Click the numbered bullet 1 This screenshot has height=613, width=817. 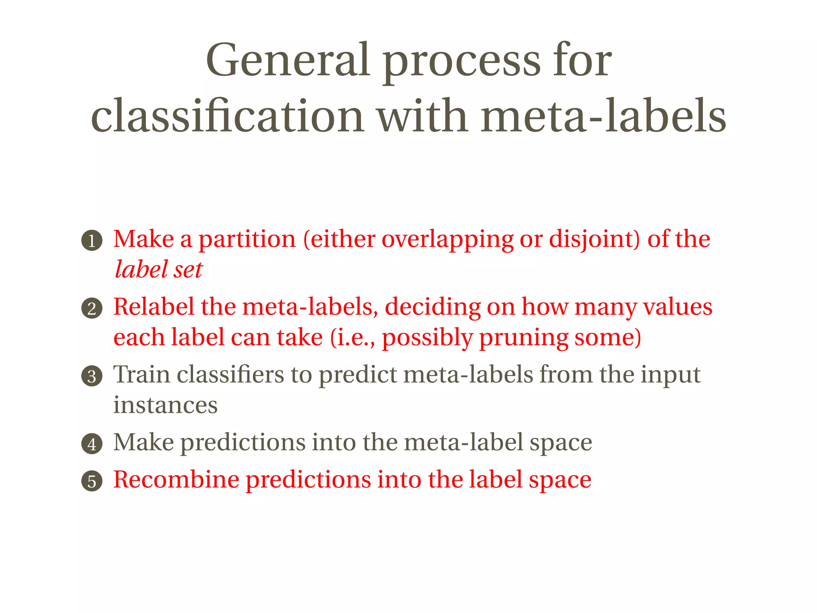pos(92,241)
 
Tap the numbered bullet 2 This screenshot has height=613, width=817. pos(92,308)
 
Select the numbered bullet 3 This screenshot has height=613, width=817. pos(92,376)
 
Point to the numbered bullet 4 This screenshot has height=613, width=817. pos(92,444)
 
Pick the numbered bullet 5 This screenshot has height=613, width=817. pos(92,481)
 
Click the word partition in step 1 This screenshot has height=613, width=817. pos(247,239)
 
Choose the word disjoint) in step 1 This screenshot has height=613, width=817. pos(594,239)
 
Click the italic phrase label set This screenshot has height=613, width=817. pos(159,269)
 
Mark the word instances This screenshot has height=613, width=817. pos(165,405)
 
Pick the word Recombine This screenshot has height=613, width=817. pos(176,479)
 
